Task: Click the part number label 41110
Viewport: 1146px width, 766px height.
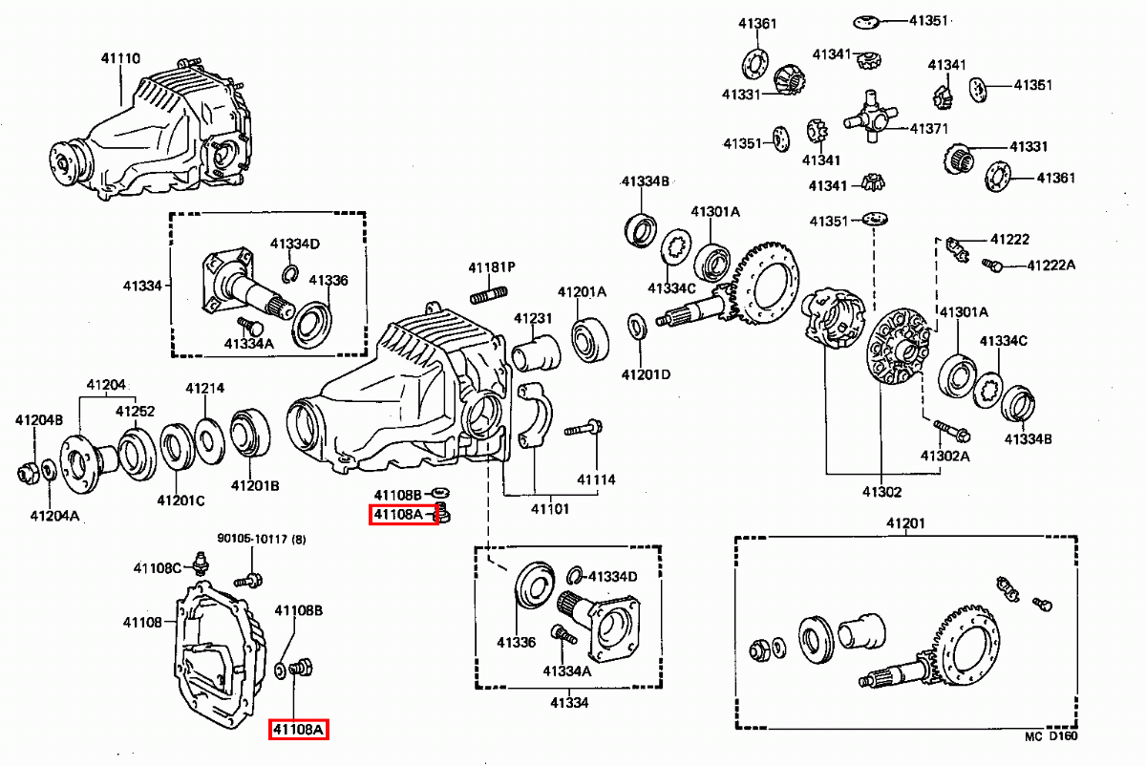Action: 121,58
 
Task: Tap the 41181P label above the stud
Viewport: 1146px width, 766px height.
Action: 492,266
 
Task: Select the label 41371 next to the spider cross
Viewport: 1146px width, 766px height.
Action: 928,128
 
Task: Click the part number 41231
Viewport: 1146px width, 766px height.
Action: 534,317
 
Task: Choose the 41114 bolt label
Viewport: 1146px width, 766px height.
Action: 596,479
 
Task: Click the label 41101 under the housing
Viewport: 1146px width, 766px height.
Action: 549,508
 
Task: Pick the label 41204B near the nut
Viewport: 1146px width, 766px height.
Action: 39,419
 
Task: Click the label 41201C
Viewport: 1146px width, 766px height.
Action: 181,500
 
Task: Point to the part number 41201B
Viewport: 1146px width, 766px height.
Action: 255,485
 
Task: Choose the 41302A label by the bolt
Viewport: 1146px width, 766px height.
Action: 945,456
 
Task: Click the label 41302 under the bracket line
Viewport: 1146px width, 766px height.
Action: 881,492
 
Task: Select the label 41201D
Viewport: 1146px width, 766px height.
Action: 646,373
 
